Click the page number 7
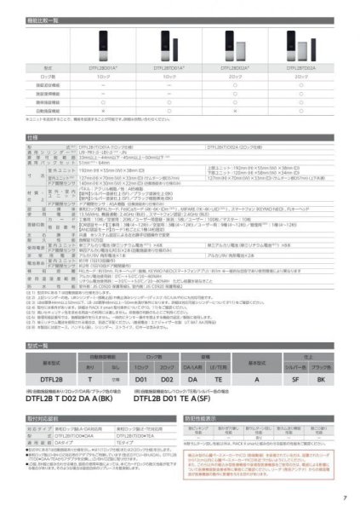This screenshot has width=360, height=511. [344, 497]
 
